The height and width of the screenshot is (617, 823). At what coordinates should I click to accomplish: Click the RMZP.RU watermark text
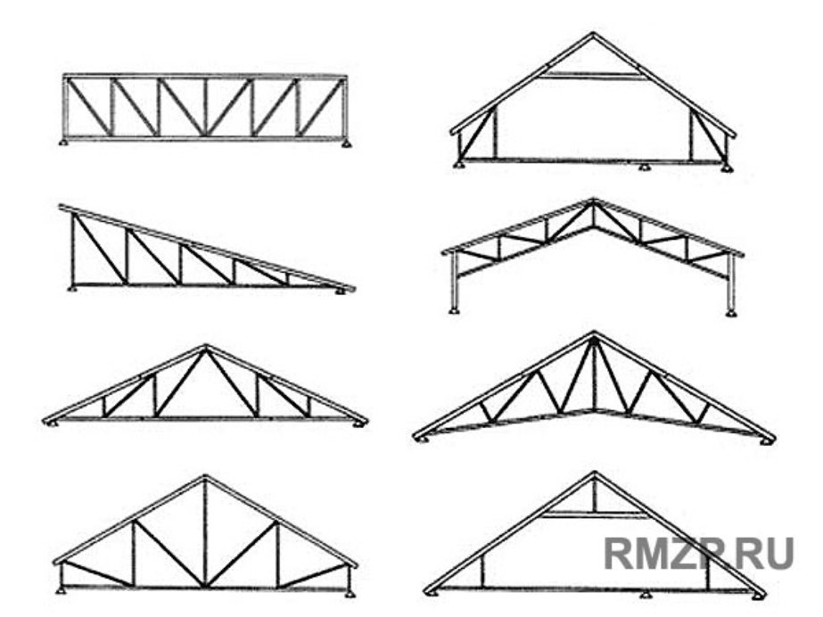[x=698, y=553]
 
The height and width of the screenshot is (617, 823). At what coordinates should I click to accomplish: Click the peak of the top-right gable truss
[x=593, y=34]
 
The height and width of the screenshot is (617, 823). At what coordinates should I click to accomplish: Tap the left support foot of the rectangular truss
[x=64, y=142]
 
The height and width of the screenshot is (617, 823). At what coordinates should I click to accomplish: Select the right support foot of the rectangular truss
[x=346, y=143]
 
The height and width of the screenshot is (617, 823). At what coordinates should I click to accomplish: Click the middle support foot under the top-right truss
[x=644, y=168]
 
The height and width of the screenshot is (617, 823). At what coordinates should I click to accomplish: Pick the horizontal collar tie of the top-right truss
[x=593, y=76]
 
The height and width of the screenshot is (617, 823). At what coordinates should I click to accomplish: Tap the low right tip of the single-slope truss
[x=353, y=289]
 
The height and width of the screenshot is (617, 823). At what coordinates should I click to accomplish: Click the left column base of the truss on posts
[x=454, y=311]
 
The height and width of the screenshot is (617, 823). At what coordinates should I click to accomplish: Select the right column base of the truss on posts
[x=731, y=313]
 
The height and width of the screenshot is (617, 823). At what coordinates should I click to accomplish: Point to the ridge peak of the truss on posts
[x=593, y=201]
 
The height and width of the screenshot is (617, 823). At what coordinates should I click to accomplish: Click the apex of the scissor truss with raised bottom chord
[x=594, y=333]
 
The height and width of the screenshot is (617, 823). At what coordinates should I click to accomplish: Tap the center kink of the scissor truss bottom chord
[x=594, y=410]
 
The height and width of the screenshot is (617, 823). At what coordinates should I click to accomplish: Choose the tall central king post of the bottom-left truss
[x=205, y=532]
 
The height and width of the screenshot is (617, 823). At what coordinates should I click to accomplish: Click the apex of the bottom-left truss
[x=205, y=478]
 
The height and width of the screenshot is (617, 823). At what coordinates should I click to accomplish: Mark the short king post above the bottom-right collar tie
[x=594, y=496]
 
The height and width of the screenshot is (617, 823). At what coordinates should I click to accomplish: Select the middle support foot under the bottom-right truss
[x=645, y=595]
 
